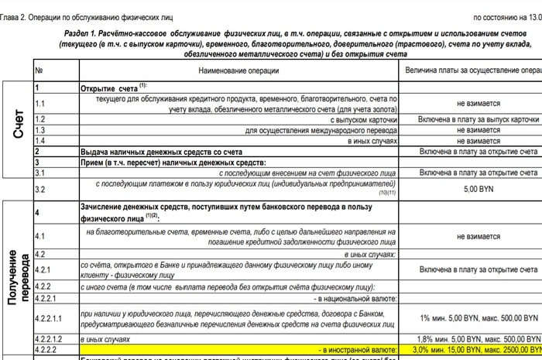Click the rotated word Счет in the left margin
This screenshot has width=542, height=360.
pyautogui.click(x=17, y=124)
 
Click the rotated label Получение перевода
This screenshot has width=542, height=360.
pyautogui.click(x=17, y=279)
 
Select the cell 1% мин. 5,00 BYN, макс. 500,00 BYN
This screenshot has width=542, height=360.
pyautogui.click(x=478, y=317)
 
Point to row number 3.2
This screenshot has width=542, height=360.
pyautogui.click(x=41, y=188)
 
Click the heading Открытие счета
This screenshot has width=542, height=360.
pyautogui.click(x=109, y=88)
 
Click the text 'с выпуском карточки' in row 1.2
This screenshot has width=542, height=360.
pyautogui.click(x=364, y=119)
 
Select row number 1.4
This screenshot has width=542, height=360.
pyautogui.click(x=40, y=141)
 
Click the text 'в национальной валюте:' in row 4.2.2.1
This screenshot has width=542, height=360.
pyautogui.click(x=355, y=297)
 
